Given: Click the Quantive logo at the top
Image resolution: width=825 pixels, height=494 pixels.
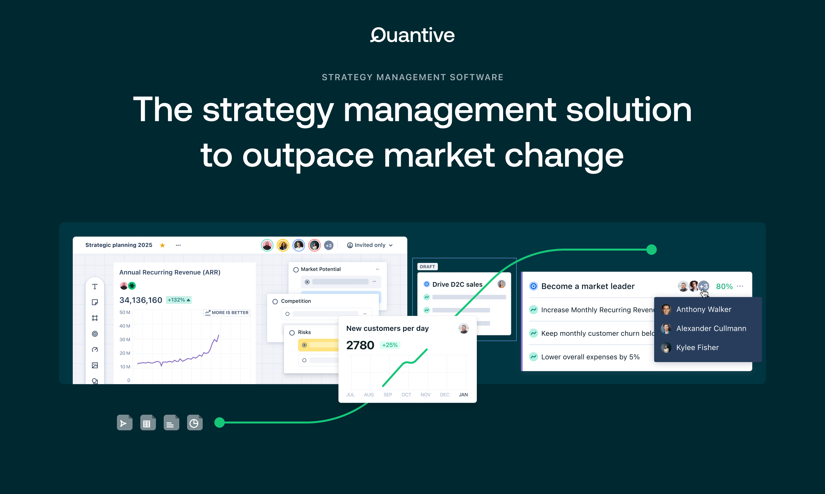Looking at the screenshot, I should point(412,35).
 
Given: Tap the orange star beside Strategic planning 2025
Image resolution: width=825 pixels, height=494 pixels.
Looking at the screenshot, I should point(162,245).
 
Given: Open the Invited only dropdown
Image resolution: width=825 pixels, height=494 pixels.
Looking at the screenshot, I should point(370,245).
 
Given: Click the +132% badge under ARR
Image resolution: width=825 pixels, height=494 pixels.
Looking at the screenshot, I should point(179,300).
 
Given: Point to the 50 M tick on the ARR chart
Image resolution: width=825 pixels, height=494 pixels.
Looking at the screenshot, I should point(125,312).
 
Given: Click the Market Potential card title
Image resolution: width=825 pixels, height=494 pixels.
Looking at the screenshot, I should point(320,269).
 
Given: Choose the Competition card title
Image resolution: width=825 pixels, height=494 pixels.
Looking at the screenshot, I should point(296,301).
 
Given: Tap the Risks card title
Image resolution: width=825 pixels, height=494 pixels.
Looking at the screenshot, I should point(304,332).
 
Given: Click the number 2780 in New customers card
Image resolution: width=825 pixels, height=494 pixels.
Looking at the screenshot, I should point(360,345).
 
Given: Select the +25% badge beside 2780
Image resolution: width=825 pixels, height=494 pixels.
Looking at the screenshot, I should point(389,345).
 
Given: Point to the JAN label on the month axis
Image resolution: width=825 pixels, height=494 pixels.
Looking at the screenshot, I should point(463,395).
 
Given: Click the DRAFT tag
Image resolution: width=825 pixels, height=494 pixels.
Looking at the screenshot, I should point(427,266).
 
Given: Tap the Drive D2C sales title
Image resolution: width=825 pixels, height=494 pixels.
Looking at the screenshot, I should point(457,285).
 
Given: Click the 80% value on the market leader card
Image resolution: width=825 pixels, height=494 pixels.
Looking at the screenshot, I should point(724,287).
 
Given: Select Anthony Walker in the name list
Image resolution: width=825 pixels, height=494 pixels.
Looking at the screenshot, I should point(704,310).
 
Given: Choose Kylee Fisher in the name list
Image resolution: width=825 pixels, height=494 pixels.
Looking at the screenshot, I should point(697,348).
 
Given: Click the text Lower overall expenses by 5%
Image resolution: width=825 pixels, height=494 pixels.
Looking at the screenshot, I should point(590,357).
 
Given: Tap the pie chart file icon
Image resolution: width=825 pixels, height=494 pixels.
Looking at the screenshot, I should point(195,423).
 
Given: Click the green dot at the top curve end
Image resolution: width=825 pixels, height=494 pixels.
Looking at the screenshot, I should point(651,250).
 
